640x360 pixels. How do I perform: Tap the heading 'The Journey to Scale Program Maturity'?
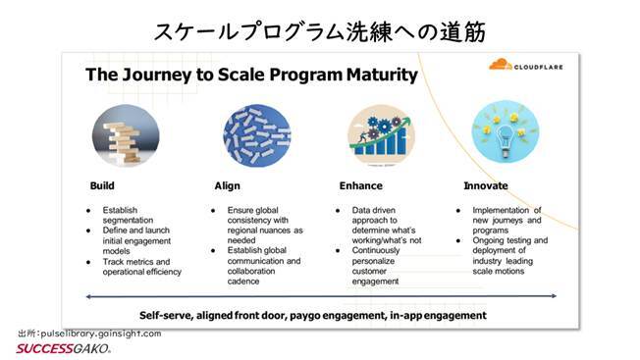250,76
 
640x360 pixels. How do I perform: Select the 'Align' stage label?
227,184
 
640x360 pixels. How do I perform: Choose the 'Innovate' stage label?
486,184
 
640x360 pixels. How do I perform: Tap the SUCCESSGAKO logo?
61,348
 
